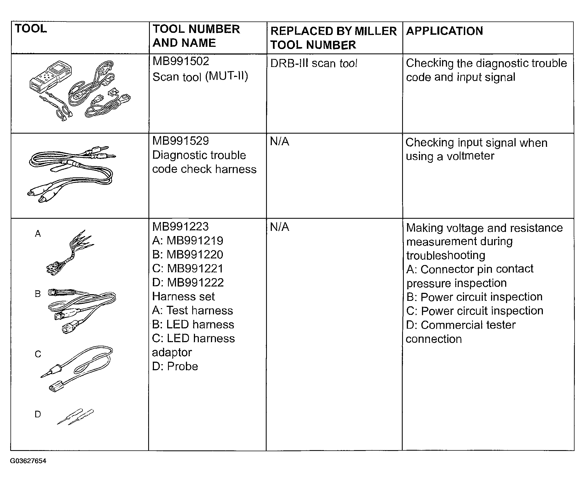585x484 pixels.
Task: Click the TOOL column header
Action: click(x=31, y=29)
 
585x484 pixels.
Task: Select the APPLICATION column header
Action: click(x=444, y=31)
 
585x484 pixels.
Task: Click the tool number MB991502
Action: click(x=180, y=61)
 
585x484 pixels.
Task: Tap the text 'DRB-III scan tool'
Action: click(x=314, y=64)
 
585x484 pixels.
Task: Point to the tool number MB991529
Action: click(x=180, y=141)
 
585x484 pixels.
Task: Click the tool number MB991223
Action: click(x=180, y=226)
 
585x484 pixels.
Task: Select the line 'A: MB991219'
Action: click(x=188, y=240)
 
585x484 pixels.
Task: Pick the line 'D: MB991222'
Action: click(x=188, y=283)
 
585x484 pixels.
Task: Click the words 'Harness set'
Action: click(x=184, y=296)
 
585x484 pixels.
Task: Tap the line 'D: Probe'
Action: click(x=175, y=366)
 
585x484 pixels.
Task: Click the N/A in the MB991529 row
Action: click(x=279, y=142)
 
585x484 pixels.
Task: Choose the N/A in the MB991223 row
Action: click(x=279, y=227)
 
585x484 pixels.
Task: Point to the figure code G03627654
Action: click(x=28, y=461)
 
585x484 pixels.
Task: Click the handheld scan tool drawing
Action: click(x=50, y=77)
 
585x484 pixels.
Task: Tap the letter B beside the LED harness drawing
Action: click(x=38, y=294)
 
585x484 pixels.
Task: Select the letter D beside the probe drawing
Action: click(x=38, y=414)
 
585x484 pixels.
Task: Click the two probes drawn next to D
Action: click(x=75, y=417)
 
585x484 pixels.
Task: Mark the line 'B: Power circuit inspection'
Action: click(x=474, y=297)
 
